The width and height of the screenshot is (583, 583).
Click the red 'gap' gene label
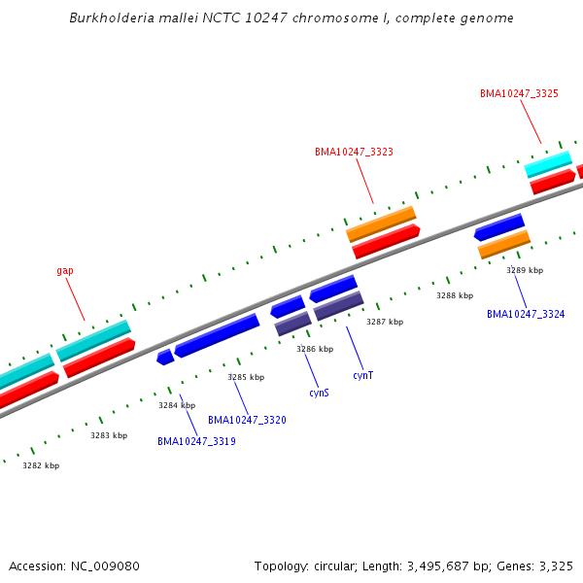[x=65, y=271]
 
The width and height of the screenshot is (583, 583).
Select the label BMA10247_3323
[x=354, y=152]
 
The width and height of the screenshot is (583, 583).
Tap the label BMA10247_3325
[x=519, y=93]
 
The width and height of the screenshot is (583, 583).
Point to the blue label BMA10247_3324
[x=526, y=314]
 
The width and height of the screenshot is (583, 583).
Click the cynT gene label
[x=363, y=375]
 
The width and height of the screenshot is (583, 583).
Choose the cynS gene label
[x=319, y=393]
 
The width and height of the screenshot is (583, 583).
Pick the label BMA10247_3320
[x=247, y=420]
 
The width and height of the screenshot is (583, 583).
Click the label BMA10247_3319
[x=196, y=441]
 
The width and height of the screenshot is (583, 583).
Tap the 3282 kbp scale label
[x=41, y=465]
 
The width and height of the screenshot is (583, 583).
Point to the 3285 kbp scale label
[x=246, y=377]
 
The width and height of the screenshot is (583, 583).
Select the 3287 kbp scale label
[x=384, y=322]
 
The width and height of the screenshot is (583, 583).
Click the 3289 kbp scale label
[x=525, y=270]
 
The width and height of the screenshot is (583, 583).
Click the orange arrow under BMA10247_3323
[x=381, y=223]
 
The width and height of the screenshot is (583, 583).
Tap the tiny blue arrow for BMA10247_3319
[x=165, y=358]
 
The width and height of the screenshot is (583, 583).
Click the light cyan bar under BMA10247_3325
[x=548, y=163]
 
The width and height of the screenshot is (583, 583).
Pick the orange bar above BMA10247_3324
[x=504, y=244]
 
